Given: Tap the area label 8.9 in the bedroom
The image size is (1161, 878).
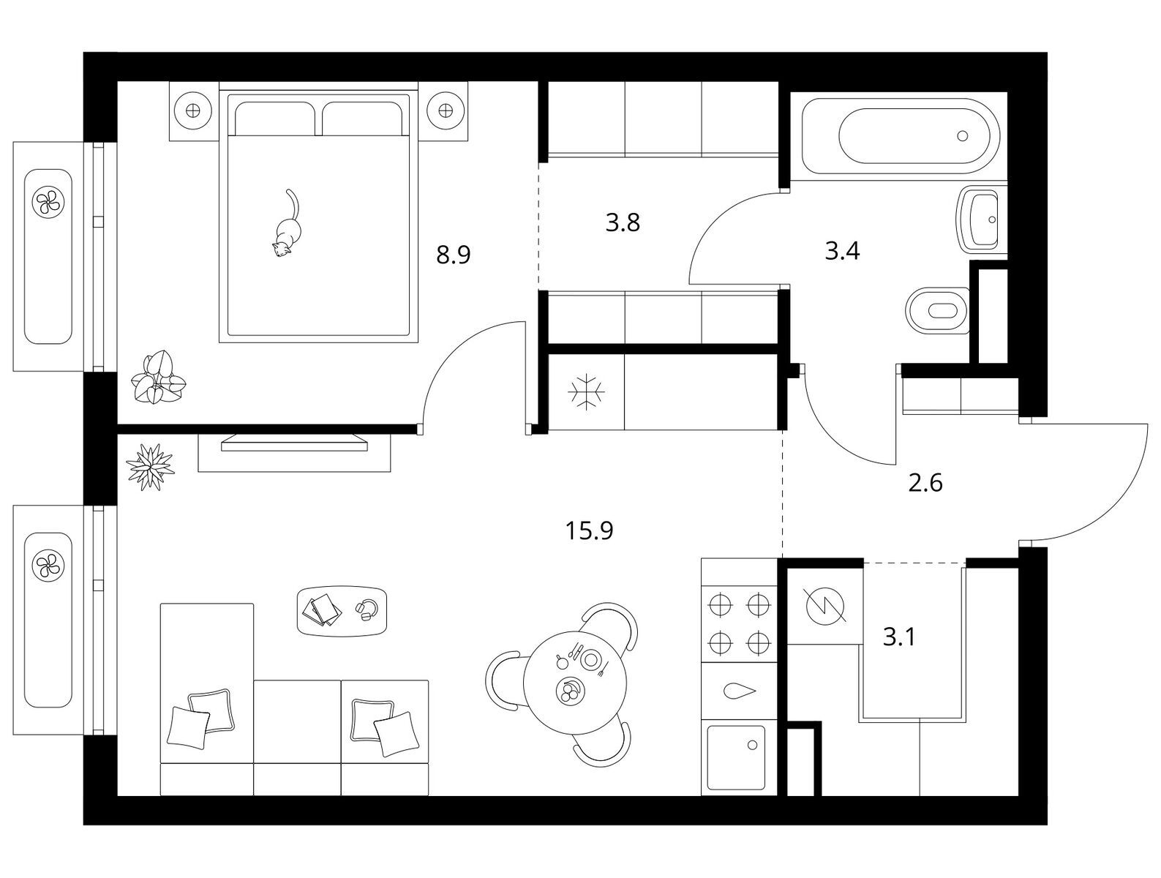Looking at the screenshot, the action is tap(453, 255).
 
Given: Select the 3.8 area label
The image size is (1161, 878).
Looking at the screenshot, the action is tap(623, 222).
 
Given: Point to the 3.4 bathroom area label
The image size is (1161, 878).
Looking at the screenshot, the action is tap(842, 251).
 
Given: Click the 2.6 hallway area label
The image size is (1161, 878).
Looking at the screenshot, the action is tap(925, 483).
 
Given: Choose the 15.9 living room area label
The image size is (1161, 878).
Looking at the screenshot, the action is tap(589, 530).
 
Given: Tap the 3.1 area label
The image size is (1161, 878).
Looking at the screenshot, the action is tap(899, 637).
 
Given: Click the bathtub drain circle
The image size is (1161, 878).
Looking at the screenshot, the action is tap(962, 136).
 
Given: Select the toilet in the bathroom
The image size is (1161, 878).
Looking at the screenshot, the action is tap(937, 310).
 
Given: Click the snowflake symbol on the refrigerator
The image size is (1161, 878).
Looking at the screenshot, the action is tap(586, 392).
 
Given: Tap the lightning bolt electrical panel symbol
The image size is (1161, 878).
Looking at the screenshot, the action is tap(825, 606).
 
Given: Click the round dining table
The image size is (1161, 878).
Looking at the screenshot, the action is tap(575, 683).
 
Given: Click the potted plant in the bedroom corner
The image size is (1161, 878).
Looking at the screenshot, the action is tap(157, 378).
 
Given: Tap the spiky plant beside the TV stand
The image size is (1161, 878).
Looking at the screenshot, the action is tap(150, 467).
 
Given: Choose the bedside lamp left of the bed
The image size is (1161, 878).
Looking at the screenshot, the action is tap(194, 110).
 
